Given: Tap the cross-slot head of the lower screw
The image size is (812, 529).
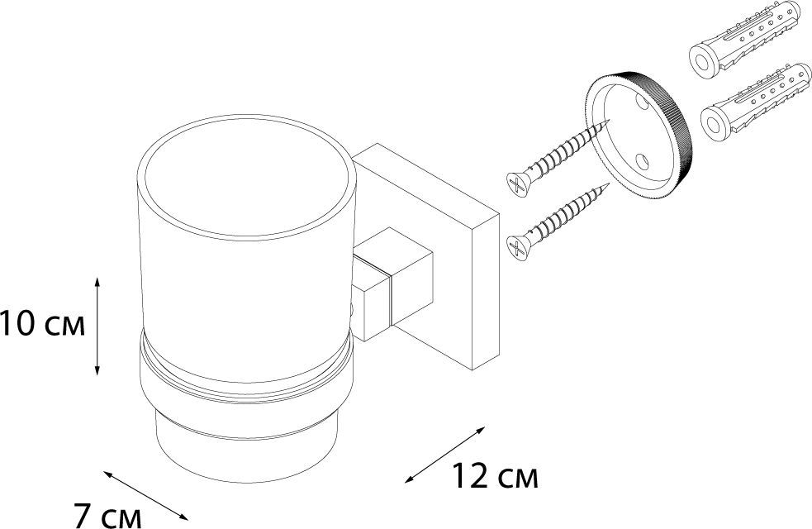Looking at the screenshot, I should (515, 245).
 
